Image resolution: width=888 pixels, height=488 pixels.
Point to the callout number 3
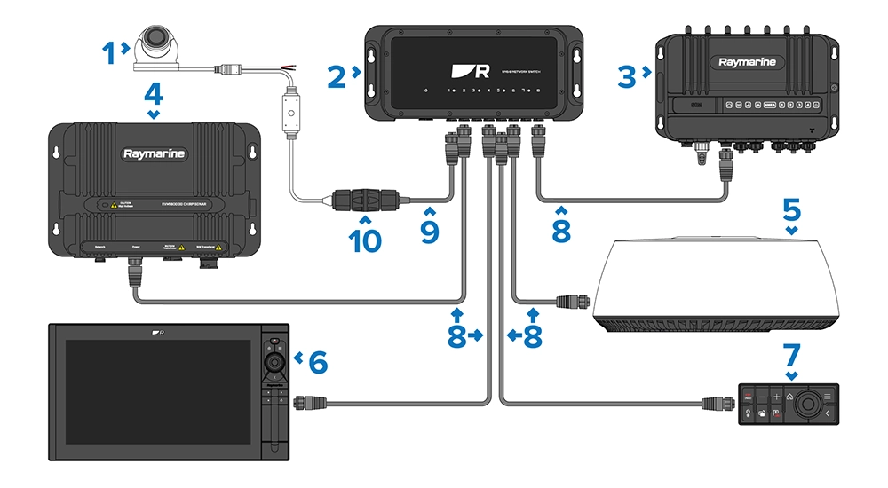coord(626,76)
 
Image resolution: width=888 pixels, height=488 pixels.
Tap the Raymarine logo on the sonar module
coord(154,153)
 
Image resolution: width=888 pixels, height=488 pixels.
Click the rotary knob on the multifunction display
coord(274,362)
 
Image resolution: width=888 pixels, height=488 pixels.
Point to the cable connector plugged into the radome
coord(569,303)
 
